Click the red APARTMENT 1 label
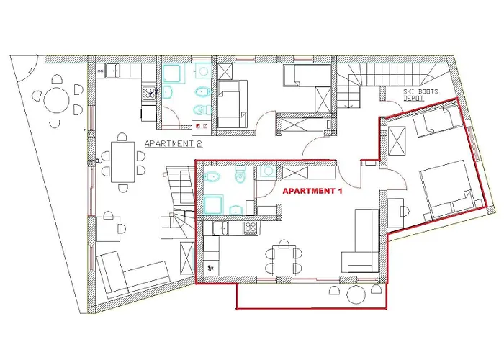312,192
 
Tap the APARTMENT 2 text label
173,144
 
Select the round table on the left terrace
56,100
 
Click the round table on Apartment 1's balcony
356,294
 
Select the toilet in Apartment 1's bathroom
240,174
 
